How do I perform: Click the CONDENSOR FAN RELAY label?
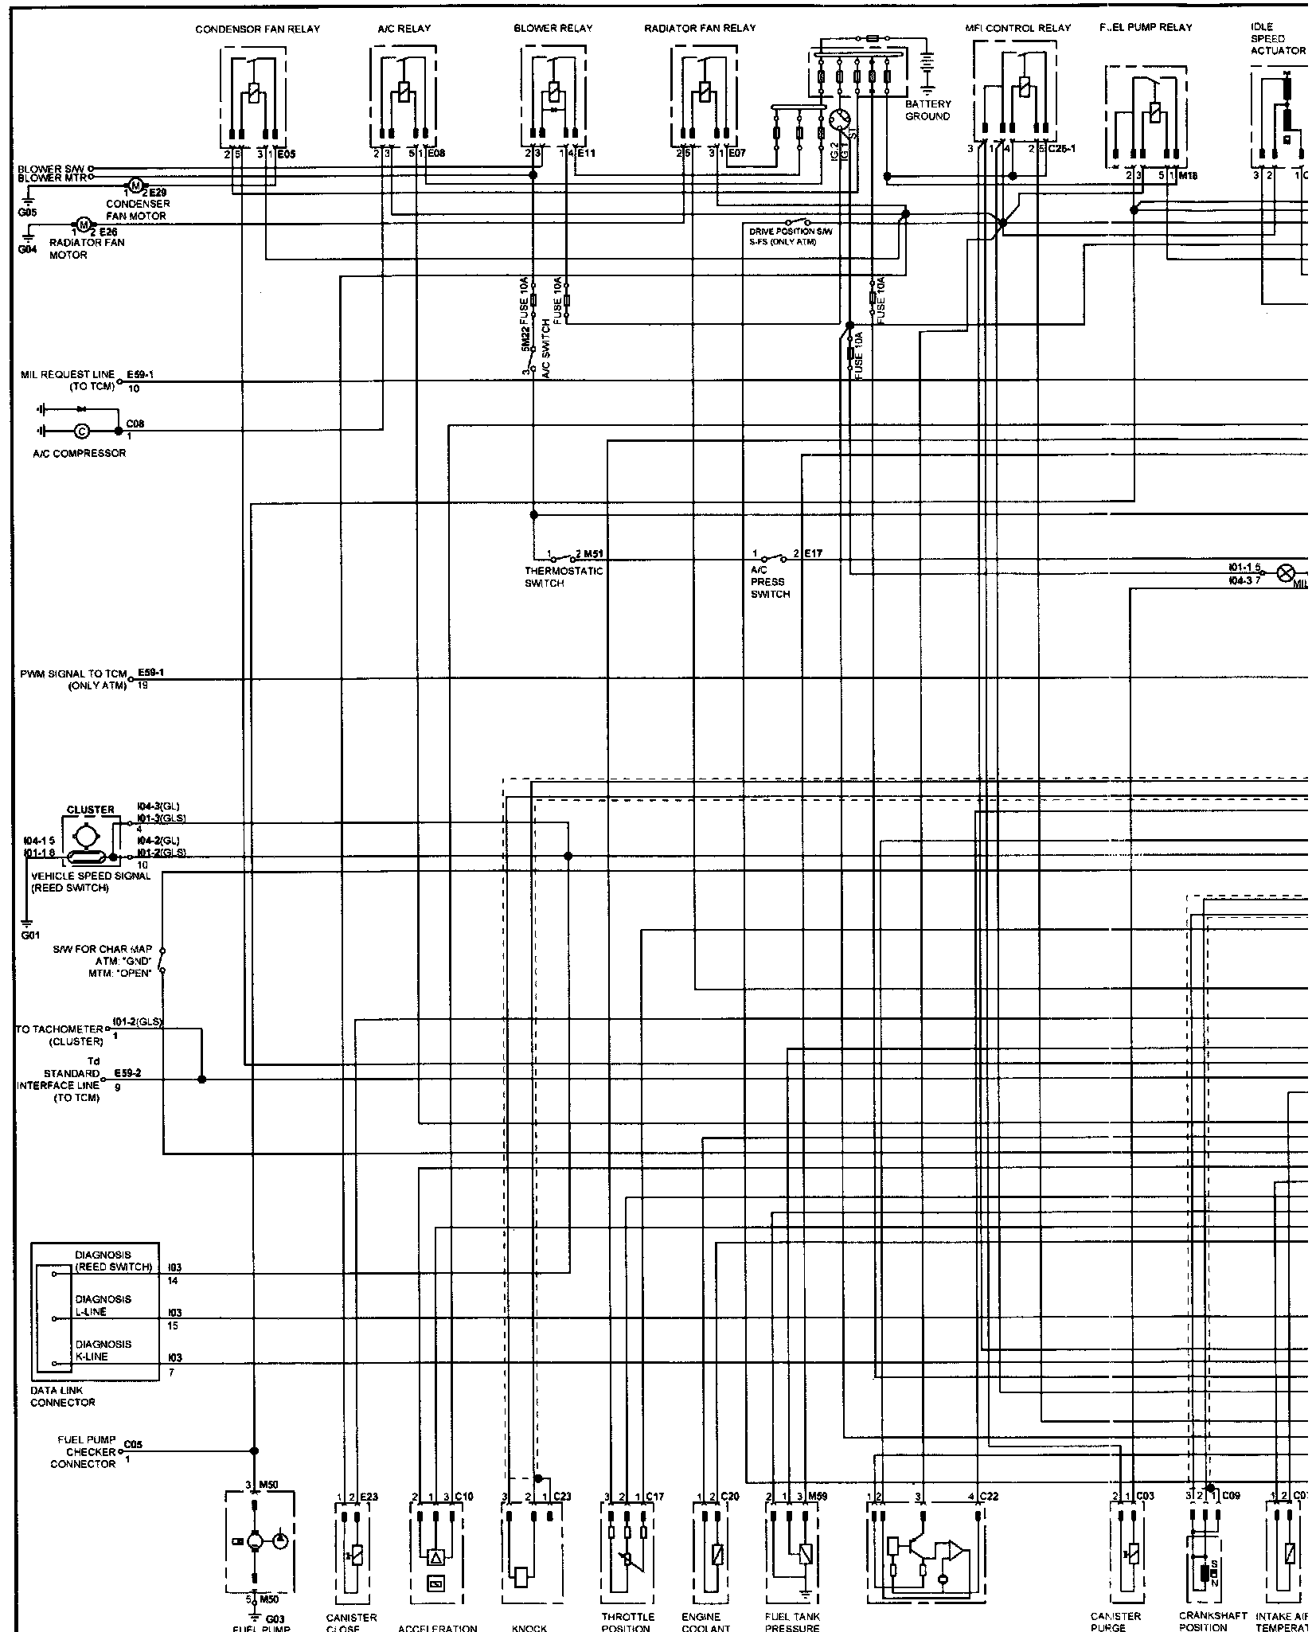click(x=257, y=29)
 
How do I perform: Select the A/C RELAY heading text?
click(x=404, y=29)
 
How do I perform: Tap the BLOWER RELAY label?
click(x=553, y=29)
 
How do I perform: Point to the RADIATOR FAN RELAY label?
click(x=700, y=29)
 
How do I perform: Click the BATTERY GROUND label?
click(x=927, y=111)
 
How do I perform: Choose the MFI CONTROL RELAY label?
click(x=1018, y=29)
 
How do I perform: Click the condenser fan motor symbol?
click(x=135, y=186)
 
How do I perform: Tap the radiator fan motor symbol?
click(x=83, y=224)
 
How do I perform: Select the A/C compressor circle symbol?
click(x=80, y=431)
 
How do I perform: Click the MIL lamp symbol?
click(x=1285, y=573)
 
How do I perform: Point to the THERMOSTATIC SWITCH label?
click(x=564, y=577)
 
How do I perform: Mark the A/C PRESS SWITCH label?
click(x=770, y=582)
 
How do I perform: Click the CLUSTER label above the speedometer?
click(x=90, y=810)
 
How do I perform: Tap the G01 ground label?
click(x=30, y=936)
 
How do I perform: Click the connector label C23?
click(x=562, y=1497)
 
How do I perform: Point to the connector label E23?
click(x=369, y=1497)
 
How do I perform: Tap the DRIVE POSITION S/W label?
click(x=791, y=232)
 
